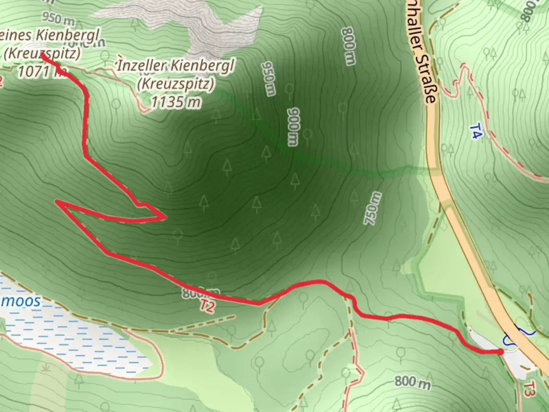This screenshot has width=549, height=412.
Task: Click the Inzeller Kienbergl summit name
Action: click(x=176, y=66)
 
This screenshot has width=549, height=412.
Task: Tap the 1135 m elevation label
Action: click(x=176, y=102)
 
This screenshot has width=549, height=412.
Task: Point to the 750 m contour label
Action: click(x=372, y=208)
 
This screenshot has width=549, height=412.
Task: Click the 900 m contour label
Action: click(x=293, y=127)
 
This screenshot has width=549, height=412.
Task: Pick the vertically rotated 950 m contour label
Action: click(x=268, y=79)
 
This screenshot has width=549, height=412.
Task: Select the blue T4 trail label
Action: click(x=476, y=130)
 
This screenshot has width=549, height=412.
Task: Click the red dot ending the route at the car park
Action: click(x=500, y=352)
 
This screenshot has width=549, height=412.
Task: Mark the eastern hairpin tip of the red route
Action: click(x=165, y=217)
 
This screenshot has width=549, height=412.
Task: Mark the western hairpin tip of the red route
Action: click(x=57, y=201)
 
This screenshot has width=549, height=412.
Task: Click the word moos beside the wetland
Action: click(x=23, y=301)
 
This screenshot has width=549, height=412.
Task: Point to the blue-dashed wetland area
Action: click(x=76, y=336)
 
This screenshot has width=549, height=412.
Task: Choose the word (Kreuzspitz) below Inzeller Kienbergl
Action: click(x=176, y=84)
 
